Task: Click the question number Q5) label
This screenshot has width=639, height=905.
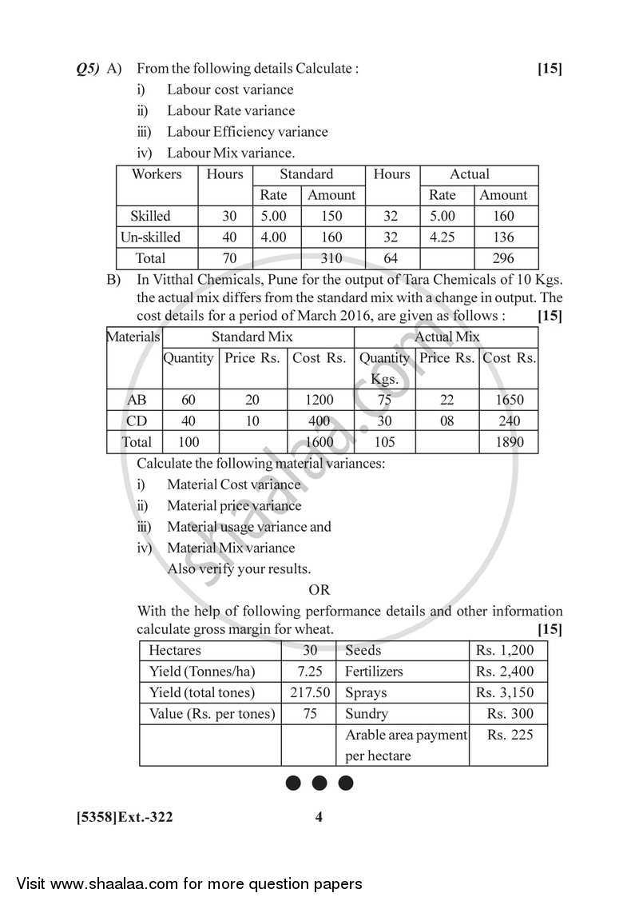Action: click(88, 69)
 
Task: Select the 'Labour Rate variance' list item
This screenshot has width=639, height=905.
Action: click(230, 111)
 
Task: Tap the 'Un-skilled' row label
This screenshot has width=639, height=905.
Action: click(150, 237)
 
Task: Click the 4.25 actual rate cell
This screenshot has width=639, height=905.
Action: click(442, 237)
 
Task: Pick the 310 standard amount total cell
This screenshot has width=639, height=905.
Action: click(331, 258)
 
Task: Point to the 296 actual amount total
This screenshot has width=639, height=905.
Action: click(503, 258)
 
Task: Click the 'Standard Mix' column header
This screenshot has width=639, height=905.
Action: click(252, 337)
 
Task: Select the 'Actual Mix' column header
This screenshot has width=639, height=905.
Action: click(447, 337)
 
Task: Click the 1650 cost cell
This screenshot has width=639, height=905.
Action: click(508, 400)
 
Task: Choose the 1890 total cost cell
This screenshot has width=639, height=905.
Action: click(508, 442)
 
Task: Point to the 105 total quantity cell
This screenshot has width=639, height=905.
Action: click(384, 442)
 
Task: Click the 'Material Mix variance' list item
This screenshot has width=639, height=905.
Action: click(230, 548)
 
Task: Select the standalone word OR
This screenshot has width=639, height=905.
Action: click(319, 591)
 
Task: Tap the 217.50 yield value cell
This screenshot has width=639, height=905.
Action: click(308, 693)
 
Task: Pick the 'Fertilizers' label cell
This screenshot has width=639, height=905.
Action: click(374, 672)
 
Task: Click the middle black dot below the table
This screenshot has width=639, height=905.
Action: click(319, 783)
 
